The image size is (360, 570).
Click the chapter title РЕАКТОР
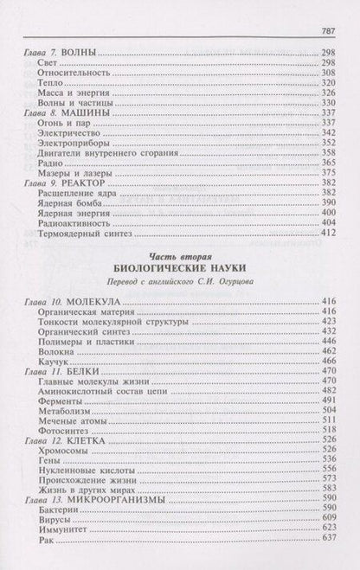coord(87,195)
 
